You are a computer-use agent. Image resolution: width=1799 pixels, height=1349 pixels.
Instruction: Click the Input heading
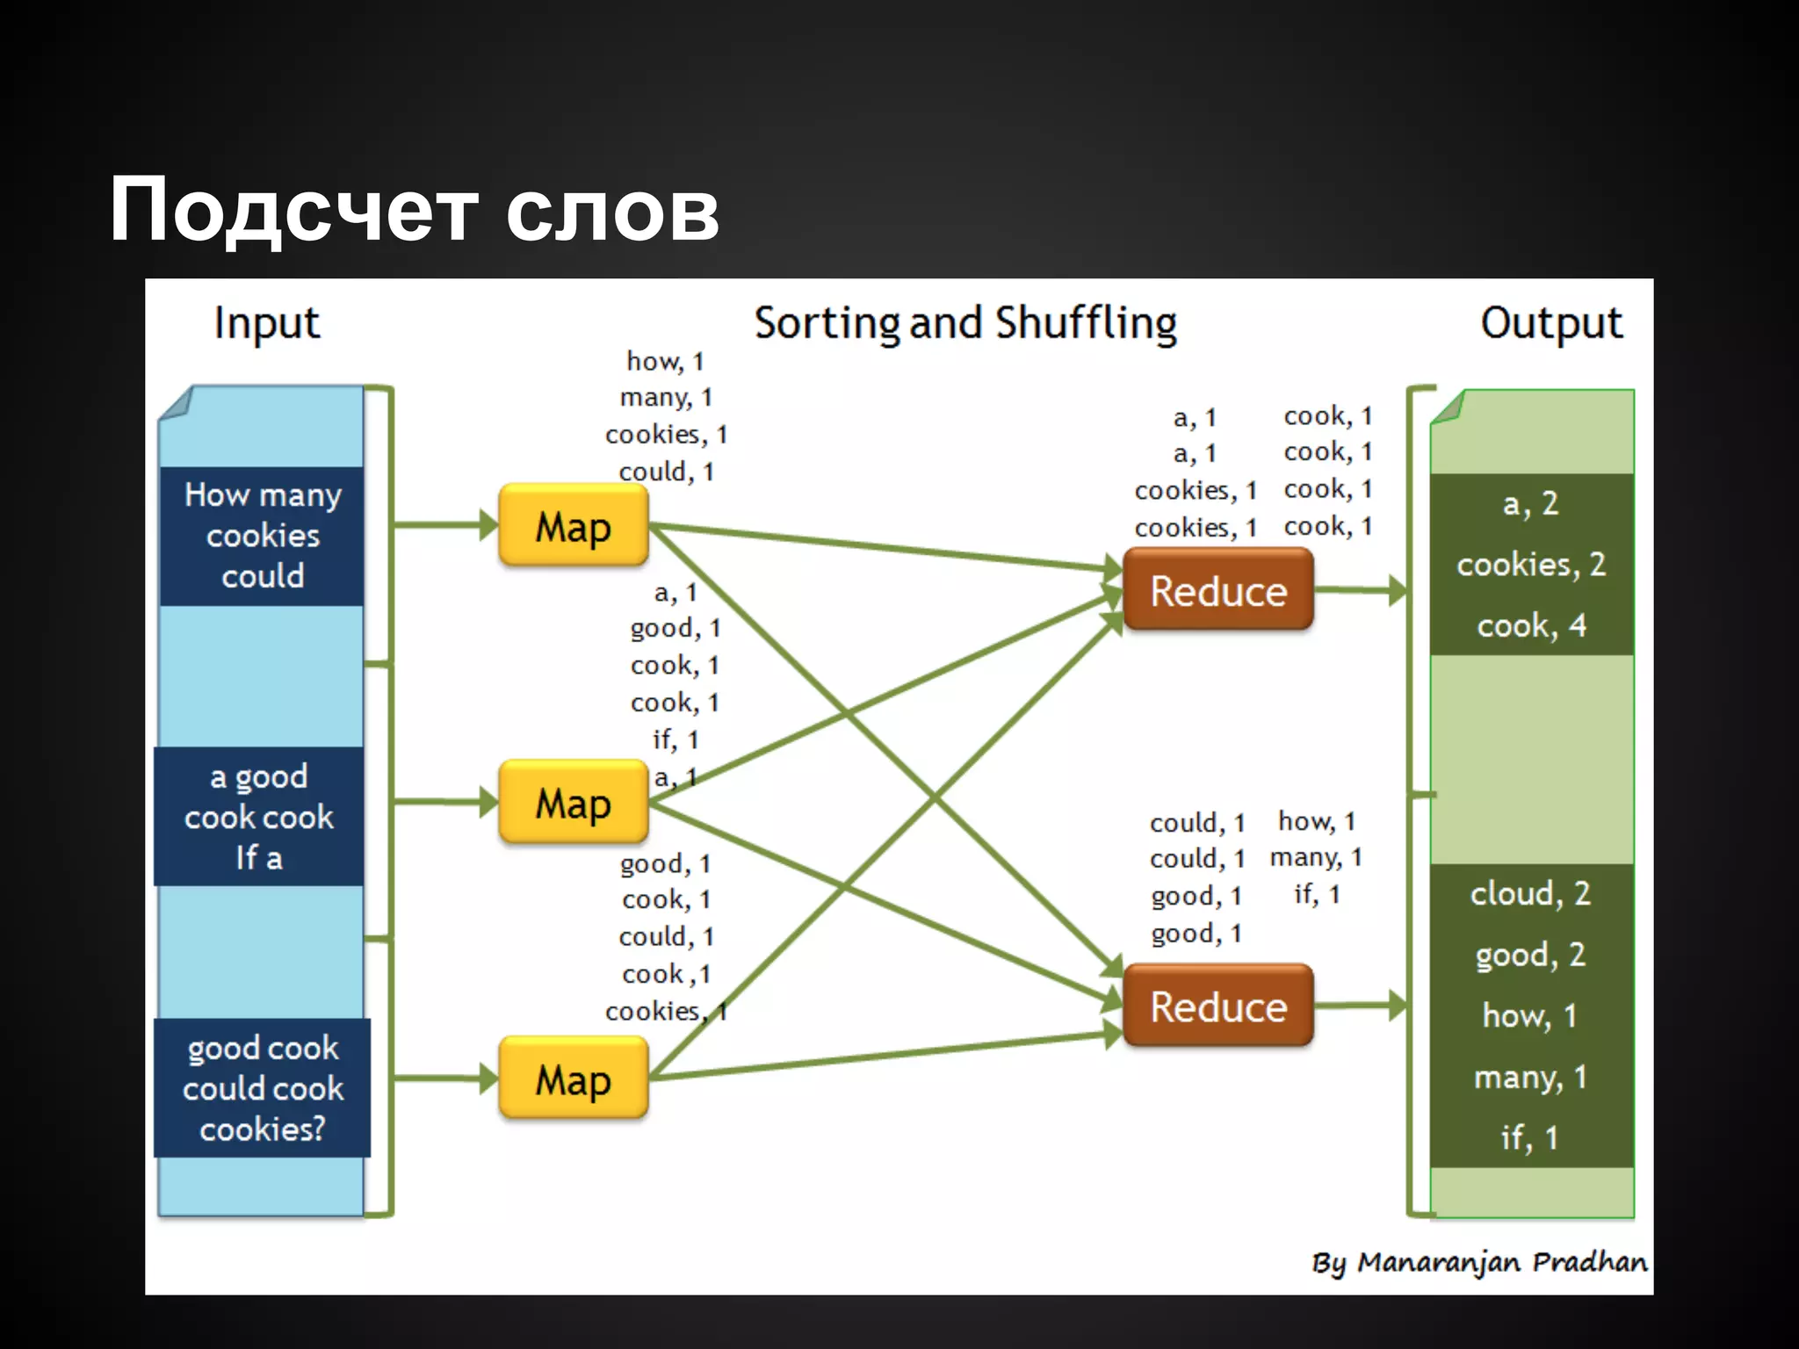coord(267,323)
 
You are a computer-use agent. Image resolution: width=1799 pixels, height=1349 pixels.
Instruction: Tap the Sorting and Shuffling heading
coord(965,323)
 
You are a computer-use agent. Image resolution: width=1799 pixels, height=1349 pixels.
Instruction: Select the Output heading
coord(1551,323)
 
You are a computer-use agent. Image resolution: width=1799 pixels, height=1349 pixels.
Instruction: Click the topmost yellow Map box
coord(573,525)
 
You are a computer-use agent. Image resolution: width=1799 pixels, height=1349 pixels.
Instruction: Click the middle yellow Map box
coord(573,802)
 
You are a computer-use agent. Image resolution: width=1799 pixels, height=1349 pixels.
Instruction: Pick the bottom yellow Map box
coord(573,1078)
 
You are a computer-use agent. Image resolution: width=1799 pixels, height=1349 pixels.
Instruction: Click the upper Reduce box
coord(1218,590)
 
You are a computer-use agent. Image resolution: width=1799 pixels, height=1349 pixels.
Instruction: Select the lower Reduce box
coord(1218,1006)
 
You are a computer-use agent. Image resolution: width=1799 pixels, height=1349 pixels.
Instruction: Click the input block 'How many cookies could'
coord(262,535)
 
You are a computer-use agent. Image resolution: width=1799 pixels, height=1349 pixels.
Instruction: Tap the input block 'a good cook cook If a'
coord(258,817)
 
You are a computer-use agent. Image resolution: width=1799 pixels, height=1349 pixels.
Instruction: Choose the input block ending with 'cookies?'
coord(262,1088)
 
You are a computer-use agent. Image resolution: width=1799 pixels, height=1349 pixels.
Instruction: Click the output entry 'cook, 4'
coord(1531,625)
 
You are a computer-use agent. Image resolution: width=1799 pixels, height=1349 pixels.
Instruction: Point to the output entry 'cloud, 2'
coord(1531,893)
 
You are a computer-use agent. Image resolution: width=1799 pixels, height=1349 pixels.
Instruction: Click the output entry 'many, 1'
coord(1531,1077)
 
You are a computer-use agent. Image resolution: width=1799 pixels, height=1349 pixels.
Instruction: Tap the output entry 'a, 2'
coord(1531,503)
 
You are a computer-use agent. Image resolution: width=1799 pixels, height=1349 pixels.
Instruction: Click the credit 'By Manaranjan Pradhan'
coord(1479,1262)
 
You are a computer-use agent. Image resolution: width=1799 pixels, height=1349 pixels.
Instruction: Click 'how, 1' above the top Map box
coord(665,361)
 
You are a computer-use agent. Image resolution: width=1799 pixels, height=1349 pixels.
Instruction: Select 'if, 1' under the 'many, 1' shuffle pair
coord(1317,894)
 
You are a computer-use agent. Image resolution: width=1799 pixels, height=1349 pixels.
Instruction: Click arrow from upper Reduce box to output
coord(1359,590)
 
